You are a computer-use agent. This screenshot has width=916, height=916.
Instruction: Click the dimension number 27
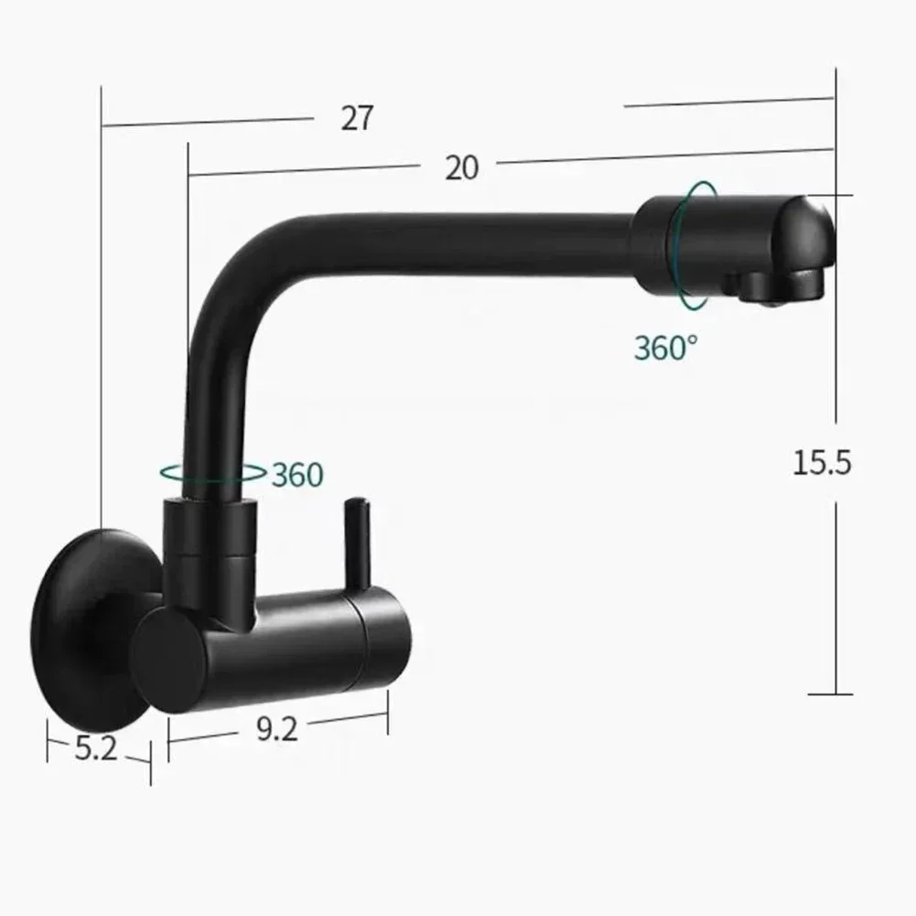(358, 118)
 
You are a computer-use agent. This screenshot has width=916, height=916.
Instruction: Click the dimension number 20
(462, 167)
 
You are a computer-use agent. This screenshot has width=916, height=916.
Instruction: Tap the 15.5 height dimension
(822, 463)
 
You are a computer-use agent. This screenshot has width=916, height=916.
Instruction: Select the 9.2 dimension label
(275, 729)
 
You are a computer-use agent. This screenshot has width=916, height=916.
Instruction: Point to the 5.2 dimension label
(96, 749)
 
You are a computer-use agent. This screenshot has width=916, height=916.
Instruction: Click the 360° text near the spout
(665, 348)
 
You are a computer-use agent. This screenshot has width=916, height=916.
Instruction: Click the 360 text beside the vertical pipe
(297, 475)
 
